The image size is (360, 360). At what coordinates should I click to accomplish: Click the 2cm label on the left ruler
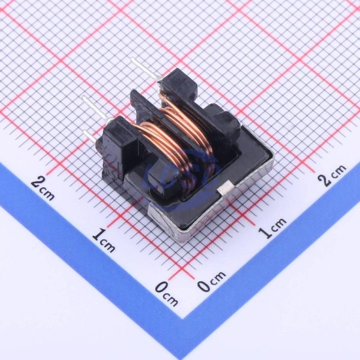[43, 189]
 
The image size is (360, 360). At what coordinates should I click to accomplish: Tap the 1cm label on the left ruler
[103, 240]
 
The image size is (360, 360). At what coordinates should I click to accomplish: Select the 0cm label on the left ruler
[167, 294]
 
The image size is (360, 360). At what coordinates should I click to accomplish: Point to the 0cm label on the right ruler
[211, 281]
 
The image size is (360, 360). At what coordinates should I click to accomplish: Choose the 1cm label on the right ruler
[272, 227]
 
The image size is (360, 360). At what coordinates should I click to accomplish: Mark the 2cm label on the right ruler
[332, 175]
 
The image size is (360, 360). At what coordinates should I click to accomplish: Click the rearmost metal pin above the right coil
[145, 68]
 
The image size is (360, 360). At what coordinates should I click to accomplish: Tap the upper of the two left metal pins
[96, 108]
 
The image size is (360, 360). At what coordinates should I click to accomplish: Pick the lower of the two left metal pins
[92, 137]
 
